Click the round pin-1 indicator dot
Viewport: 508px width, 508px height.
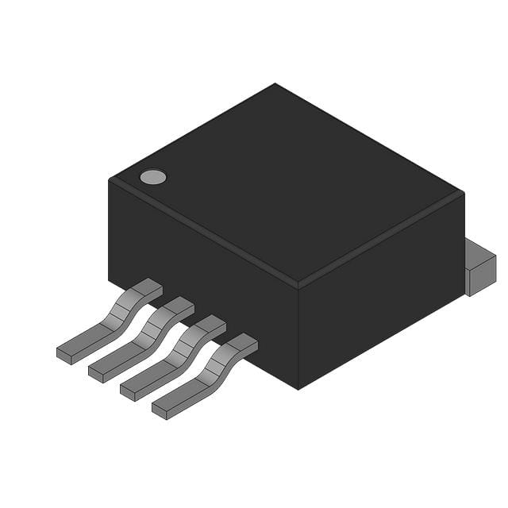click(153, 177)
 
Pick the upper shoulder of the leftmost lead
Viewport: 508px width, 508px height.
click(148, 287)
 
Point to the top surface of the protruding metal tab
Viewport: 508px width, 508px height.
click(479, 252)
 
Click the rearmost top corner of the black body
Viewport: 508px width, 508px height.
click(275, 84)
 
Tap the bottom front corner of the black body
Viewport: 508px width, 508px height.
click(298, 388)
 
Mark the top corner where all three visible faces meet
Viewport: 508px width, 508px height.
click(298, 283)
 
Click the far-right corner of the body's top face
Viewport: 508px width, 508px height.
click(463, 193)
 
